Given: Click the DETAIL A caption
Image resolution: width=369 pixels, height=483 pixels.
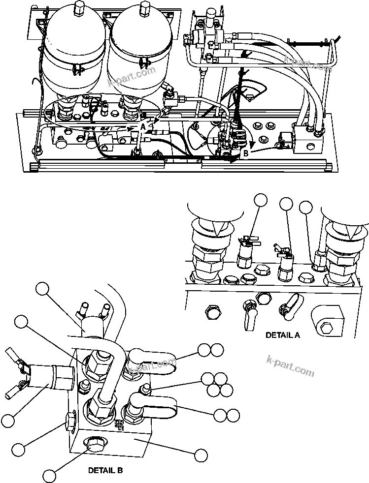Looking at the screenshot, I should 283,335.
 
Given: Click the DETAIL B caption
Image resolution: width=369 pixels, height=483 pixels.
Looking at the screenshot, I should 105,470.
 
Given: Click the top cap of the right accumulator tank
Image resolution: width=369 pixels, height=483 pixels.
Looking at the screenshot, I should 145,8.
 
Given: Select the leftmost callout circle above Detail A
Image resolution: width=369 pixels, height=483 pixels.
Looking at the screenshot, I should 261,200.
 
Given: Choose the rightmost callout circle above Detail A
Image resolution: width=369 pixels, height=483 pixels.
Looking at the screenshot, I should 305,208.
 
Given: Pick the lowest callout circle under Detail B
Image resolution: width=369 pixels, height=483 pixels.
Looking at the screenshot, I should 49,475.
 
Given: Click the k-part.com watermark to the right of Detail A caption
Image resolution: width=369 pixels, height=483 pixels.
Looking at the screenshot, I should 290,366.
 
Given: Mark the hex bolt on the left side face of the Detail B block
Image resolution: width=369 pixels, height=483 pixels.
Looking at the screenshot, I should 70,422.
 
